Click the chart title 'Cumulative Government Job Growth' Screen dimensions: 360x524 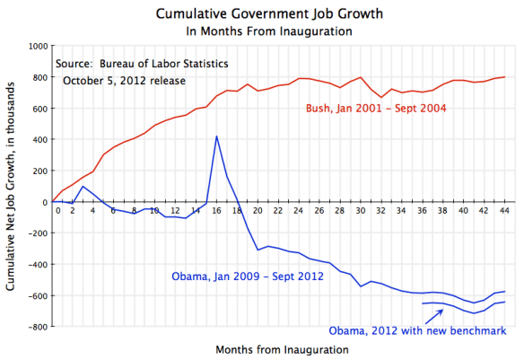261,14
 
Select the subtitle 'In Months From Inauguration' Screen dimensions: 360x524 261,31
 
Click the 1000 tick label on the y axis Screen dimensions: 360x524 36,46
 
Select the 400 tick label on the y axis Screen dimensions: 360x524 39,139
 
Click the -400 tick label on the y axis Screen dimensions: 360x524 36,264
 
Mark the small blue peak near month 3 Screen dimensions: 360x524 83,187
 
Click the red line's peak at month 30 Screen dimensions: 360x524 361,77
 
